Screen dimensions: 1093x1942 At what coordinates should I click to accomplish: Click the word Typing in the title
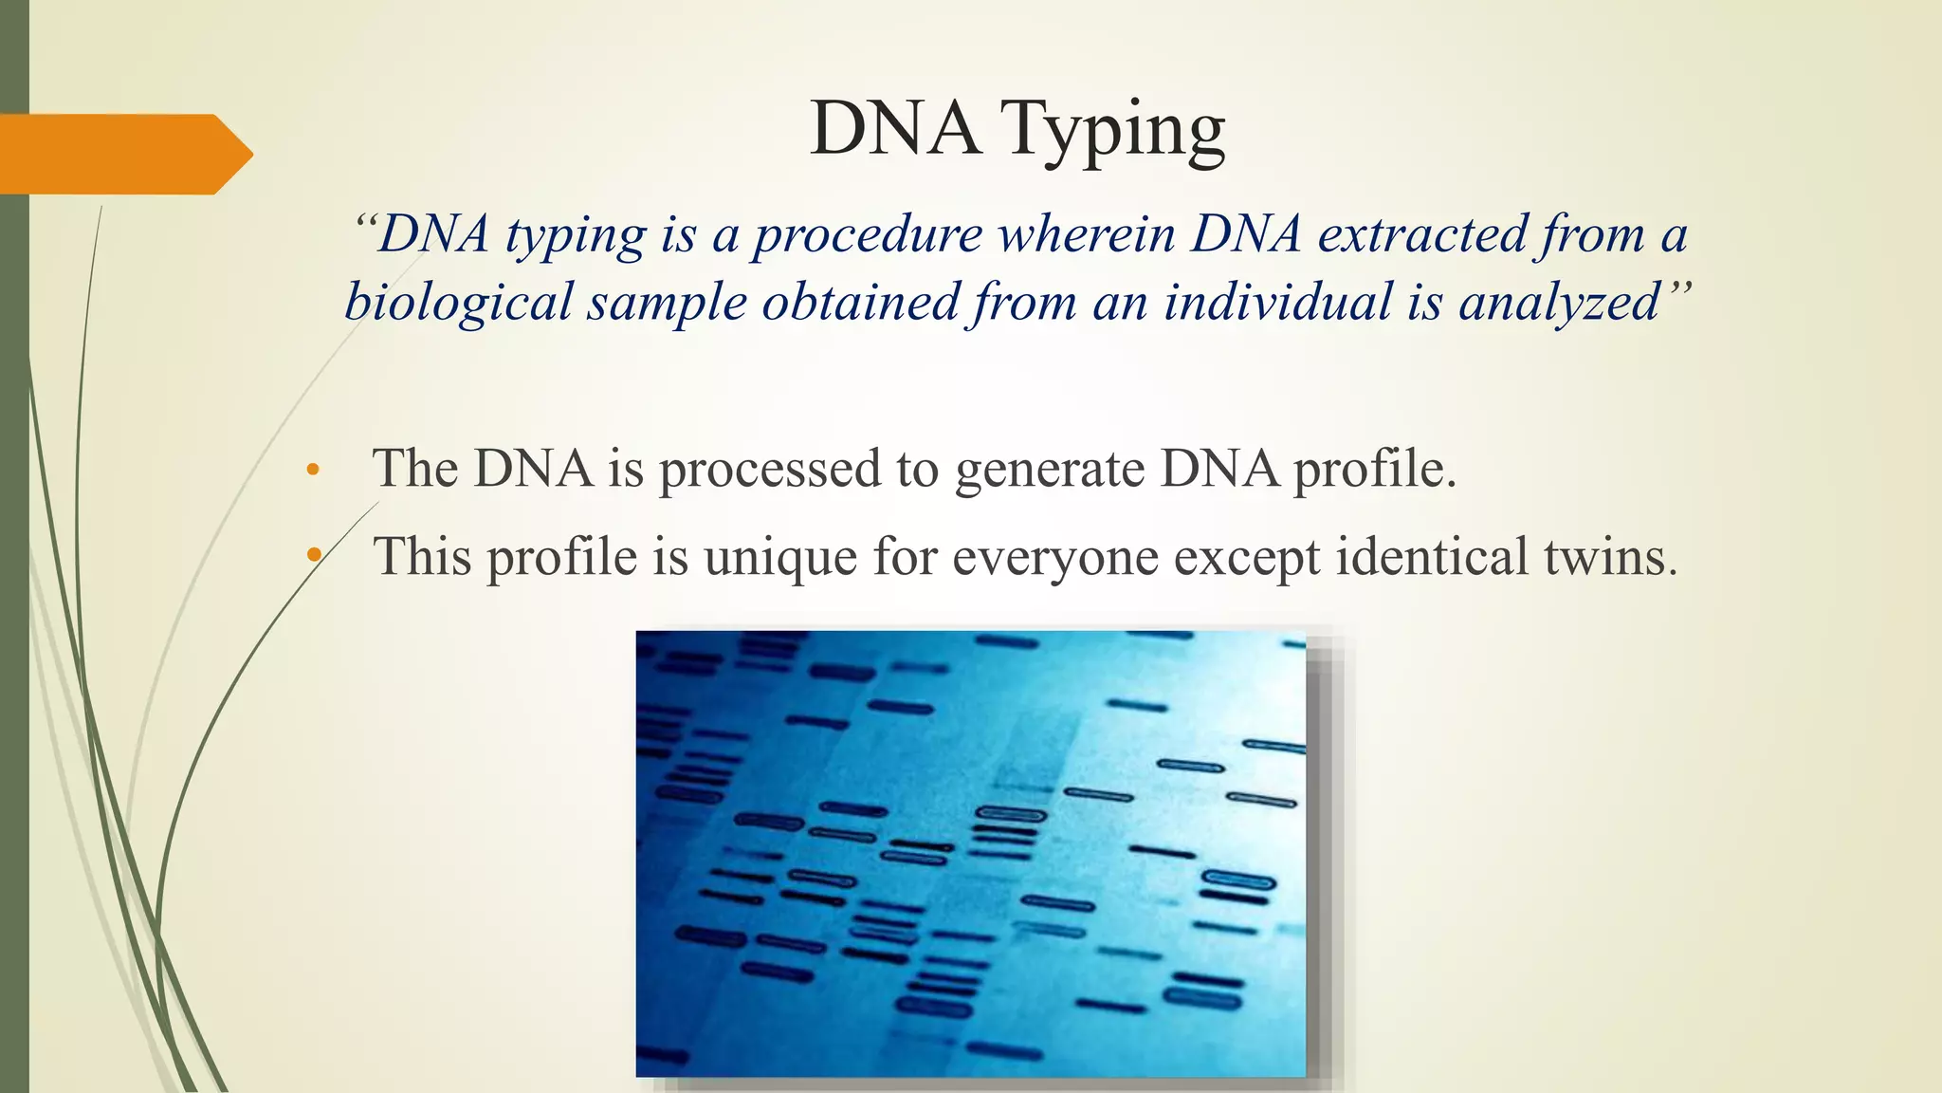(x=1115, y=130)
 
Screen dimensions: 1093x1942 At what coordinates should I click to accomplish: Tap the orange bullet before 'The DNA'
(x=313, y=470)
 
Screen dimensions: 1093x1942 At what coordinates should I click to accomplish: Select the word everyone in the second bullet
(x=1054, y=558)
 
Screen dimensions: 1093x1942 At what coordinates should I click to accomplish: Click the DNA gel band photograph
(x=970, y=853)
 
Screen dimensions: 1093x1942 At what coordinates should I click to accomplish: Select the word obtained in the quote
(x=861, y=303)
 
